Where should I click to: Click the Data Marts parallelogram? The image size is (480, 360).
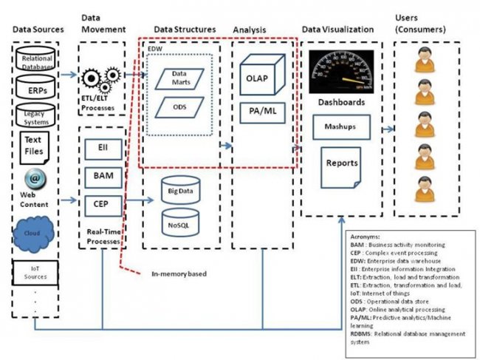point(180,78)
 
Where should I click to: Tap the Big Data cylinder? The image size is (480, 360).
point(180,189)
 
